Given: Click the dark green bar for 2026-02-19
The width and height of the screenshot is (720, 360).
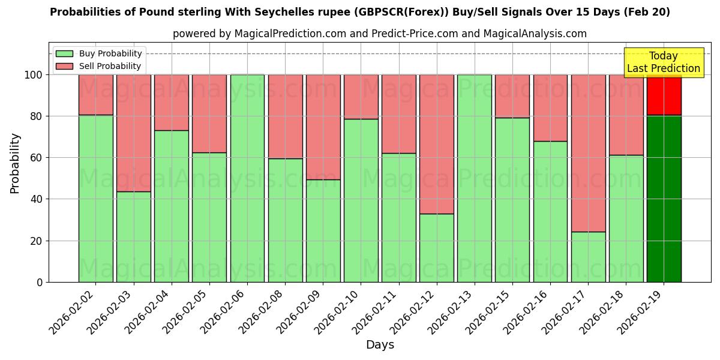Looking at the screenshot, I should coord(664,198).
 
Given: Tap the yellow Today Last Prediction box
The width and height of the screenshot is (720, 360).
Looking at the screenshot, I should coord(663,62).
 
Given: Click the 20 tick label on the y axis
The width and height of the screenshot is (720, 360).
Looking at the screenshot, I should coord(37,241).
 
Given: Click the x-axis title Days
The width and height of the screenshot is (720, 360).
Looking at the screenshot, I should coord(380,345).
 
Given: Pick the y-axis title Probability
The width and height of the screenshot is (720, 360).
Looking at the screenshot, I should coord(15,163).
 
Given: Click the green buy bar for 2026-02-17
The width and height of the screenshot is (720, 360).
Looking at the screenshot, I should coord(588,257).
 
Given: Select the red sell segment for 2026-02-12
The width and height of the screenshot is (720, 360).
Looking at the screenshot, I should coord(437,144).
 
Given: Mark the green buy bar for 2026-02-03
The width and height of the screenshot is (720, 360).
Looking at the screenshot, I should coord(134,236).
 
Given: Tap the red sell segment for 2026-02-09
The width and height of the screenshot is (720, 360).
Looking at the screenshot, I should coord(323,127).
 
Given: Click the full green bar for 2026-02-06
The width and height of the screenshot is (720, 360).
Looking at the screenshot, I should coord(247,178).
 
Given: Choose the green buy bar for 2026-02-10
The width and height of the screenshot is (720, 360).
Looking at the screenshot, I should coord(361,200).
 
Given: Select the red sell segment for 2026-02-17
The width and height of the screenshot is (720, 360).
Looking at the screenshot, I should coord(588,153).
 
